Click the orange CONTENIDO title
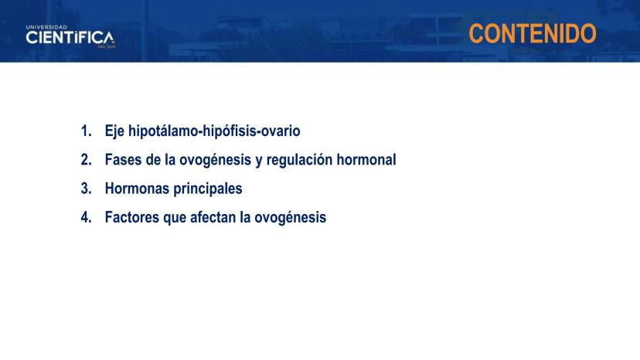(x=533, y=33)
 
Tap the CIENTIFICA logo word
(x=70, y=38)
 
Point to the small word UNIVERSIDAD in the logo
(x=46, y=27)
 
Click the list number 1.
(x=86, y=131)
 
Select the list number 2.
(x=86, y=160)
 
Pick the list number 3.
(x=86, y=188)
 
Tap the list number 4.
(x=86, y=217)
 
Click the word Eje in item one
(x=114, y=131)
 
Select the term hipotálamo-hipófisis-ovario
(x=214, y=131)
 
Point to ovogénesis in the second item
(x=215, y=161)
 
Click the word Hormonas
(x=137, y=188)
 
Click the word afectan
(x=213, y=217)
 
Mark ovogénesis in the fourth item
(x=290, y=218)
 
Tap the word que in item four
(x=175, y=219)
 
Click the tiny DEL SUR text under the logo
(x=107, y=47)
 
